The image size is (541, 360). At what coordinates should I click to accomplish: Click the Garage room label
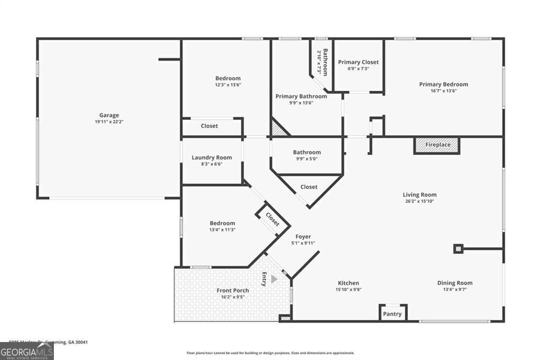coord(109,115)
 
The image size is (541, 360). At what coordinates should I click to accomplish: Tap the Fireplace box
coord(437,145)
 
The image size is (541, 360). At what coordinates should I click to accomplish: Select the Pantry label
coord(393,314)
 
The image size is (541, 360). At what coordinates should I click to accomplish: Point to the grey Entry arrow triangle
coord(274,279)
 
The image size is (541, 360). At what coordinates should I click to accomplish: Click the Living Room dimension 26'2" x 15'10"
coord(419,201)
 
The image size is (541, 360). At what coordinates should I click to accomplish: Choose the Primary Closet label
coord(358,62)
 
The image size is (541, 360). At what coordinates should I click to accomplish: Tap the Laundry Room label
coord(211,157)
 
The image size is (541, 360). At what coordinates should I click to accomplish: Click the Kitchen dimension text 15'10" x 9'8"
coord(348,289)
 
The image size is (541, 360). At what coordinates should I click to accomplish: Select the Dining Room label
coord(454,283)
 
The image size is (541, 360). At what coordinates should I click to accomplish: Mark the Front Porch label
coord(232,290)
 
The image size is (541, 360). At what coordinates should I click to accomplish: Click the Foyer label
coord(303,236)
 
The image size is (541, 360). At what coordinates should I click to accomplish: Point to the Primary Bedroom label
coord(443,84)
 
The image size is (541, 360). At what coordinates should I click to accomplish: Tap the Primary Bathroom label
coord(301,97)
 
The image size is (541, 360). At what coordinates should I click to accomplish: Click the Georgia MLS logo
coord(26,352)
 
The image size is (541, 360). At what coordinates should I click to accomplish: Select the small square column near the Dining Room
coord(458,249)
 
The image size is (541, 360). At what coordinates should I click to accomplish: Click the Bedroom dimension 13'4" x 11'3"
coord(222,230)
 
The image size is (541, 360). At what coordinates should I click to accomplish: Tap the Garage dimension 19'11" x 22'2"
coord(109,122)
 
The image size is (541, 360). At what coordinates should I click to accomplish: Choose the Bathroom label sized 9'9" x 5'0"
coord(307,153)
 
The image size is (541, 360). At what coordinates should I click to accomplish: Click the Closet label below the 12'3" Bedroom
coord(209,126)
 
